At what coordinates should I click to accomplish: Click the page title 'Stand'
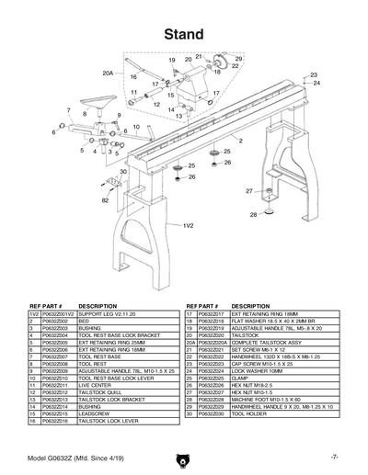(x=184, y=35)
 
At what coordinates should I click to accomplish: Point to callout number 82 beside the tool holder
(x=106, y=199)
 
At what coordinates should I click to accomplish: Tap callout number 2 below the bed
(x=240, y=141)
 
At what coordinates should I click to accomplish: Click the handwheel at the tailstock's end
(x=221, y=63)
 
